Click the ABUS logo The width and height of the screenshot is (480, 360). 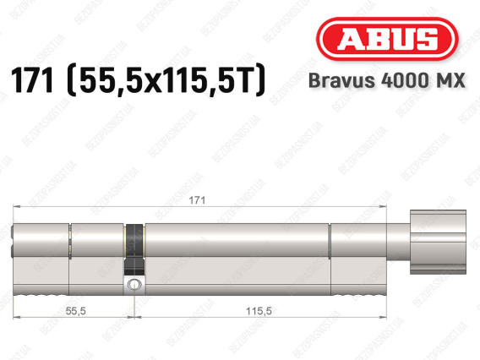point(387,39)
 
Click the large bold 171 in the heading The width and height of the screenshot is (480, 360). point(32,80)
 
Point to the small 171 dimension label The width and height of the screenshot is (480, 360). point(197,200)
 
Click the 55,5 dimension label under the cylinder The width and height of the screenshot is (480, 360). point(75,311)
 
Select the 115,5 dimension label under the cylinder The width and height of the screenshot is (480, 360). point(259,311)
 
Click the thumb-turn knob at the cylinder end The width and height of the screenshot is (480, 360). point(438,242)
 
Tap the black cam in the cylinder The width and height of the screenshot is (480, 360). point(134,249)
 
